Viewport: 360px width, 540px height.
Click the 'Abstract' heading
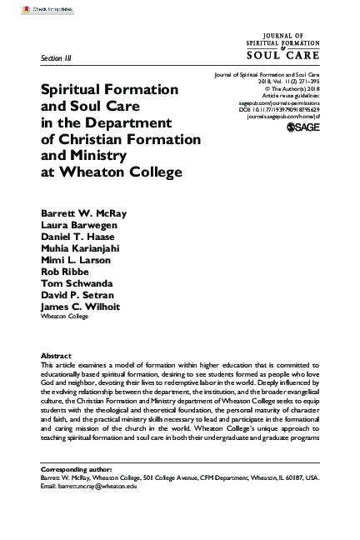56,355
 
